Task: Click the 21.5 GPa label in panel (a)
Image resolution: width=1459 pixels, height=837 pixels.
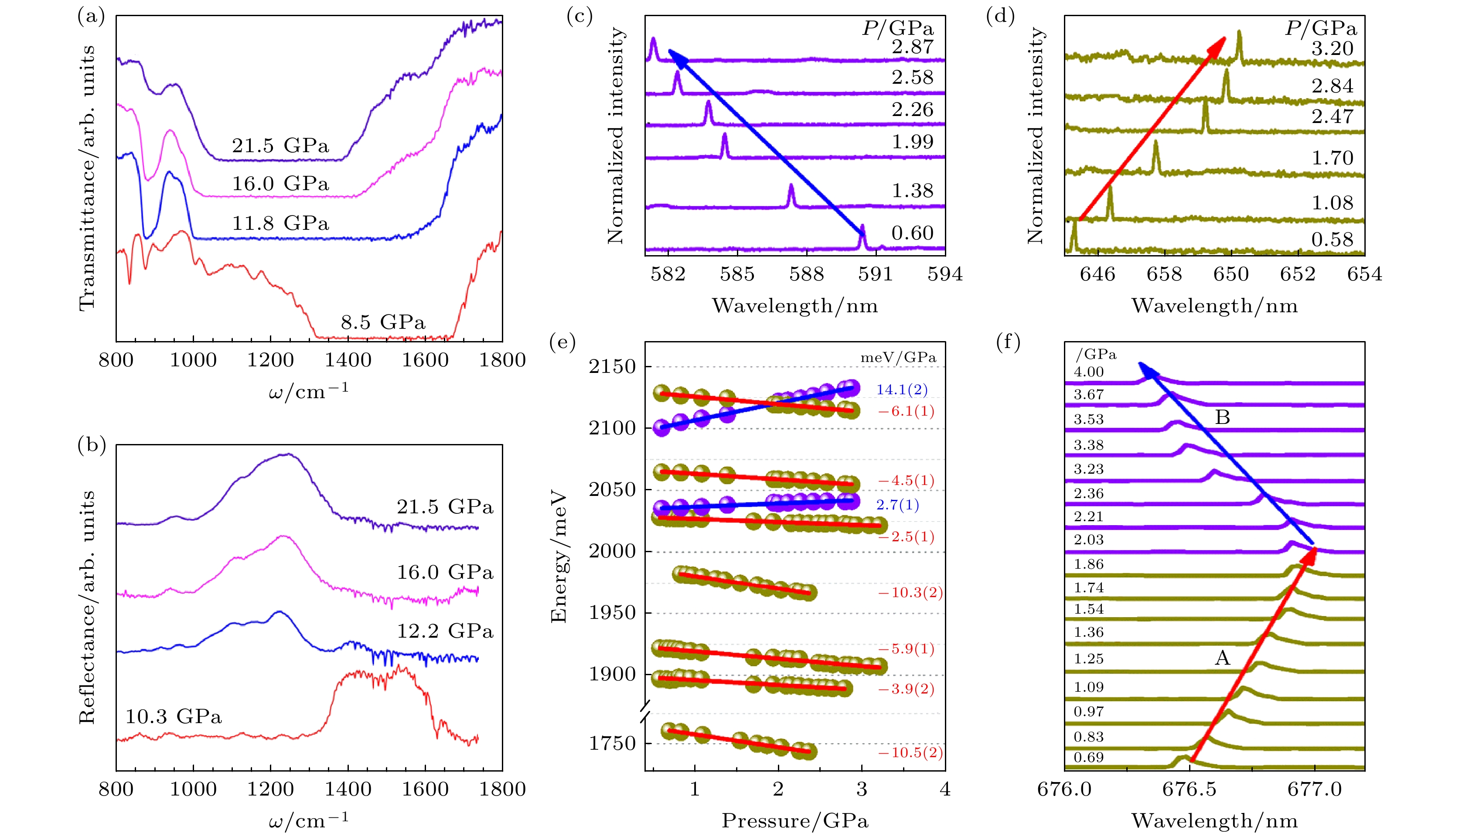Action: pyautogui.click(x=280, y=146)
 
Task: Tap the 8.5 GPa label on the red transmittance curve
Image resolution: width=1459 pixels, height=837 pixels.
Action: pyautogui.click(x=383, y=322)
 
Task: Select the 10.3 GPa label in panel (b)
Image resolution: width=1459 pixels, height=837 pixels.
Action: pyautogui.click(x=174, y=717)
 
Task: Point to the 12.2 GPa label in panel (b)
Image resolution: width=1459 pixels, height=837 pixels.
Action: pyautogui.click(x=445, y=631)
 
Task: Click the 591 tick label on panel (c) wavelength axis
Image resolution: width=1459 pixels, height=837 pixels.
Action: pyautogui.click(x=875, y=274)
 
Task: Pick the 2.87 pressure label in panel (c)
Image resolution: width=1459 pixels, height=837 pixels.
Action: pyautogui.click(x=913, y=47)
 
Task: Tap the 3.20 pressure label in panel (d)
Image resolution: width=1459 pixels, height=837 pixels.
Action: pyautogui.click(x=1333, y=49)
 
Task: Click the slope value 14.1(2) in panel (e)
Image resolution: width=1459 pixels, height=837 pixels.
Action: pyautogui.click(x=902, y=390)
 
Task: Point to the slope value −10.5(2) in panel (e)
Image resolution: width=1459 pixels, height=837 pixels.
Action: pyautogui.click(x=910, y=752)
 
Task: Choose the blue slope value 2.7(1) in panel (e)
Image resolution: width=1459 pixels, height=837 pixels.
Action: pyautogui.click(x=897, y=506)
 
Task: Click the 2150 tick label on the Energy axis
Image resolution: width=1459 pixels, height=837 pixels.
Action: pyautogui.click(x=612, y=367)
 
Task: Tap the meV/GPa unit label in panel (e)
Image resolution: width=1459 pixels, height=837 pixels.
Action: pyautogui.click(x=897, y=358)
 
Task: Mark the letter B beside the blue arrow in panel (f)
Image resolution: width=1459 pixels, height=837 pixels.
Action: pyautogui.click(x=1222, y=417)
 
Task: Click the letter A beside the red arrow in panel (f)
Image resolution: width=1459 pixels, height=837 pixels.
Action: pyautogui.click(x=1222, y=658)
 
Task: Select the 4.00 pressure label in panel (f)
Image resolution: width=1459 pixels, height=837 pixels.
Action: pyautogui.click(x=1088, y=372)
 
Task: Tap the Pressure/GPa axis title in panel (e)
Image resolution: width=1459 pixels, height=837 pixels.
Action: pyautogui.click(x=795, y=821)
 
